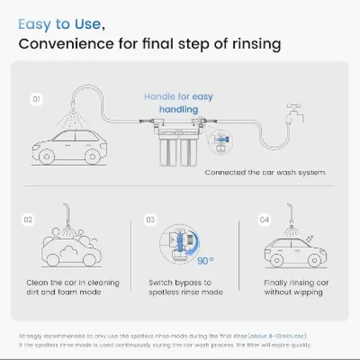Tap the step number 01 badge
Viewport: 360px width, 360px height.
(x=37, y=99)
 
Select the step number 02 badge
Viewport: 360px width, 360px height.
(x=28, y=220)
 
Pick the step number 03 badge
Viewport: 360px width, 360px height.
(x=151, y=220)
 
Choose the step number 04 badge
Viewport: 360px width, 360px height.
(x=264, y=220)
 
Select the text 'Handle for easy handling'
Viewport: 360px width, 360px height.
(x=178, y=103)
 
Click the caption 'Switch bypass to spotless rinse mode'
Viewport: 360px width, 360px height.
(x=186, y=287)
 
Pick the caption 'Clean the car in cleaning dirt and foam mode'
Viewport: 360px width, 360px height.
(x=73, y=287)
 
